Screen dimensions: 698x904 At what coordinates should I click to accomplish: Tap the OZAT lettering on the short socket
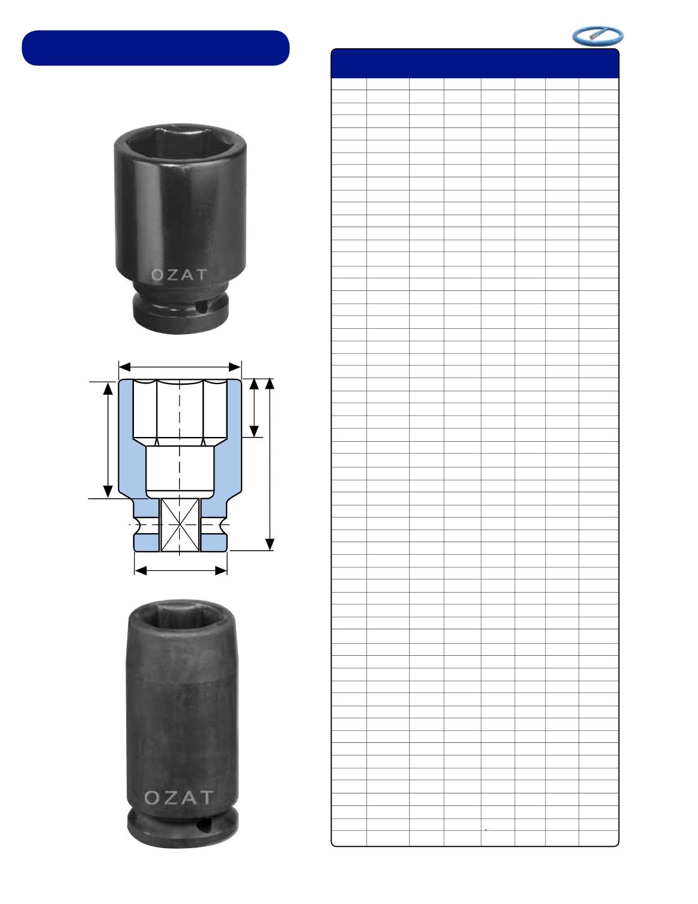tap(179, 275)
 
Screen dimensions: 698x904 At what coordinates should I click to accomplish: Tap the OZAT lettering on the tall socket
tap(179, 798)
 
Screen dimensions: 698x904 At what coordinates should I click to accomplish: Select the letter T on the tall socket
tap(206, 798)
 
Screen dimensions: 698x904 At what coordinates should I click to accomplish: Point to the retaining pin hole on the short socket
tap(202, 308)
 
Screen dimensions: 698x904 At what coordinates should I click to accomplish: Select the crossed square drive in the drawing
tap(180, 525)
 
